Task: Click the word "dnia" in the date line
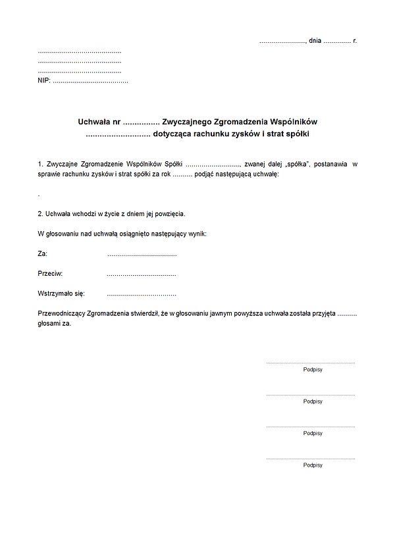click(x=315, y=41)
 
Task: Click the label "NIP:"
click(x=44, y=81)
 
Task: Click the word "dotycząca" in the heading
click(x=172, y=134)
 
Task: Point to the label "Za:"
click(x=43, y=253)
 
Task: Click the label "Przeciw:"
click(x=51, y=273)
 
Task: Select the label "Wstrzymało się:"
click(x=61, y=294)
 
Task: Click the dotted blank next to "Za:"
click(x=142, y=254)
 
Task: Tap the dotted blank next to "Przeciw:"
click(x=142, y=274)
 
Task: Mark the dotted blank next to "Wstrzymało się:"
click(x=142, y=294)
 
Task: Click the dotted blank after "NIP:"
click(x=90, y=81)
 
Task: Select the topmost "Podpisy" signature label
click(x=313, y=370)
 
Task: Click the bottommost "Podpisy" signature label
click(x=313, y=465)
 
